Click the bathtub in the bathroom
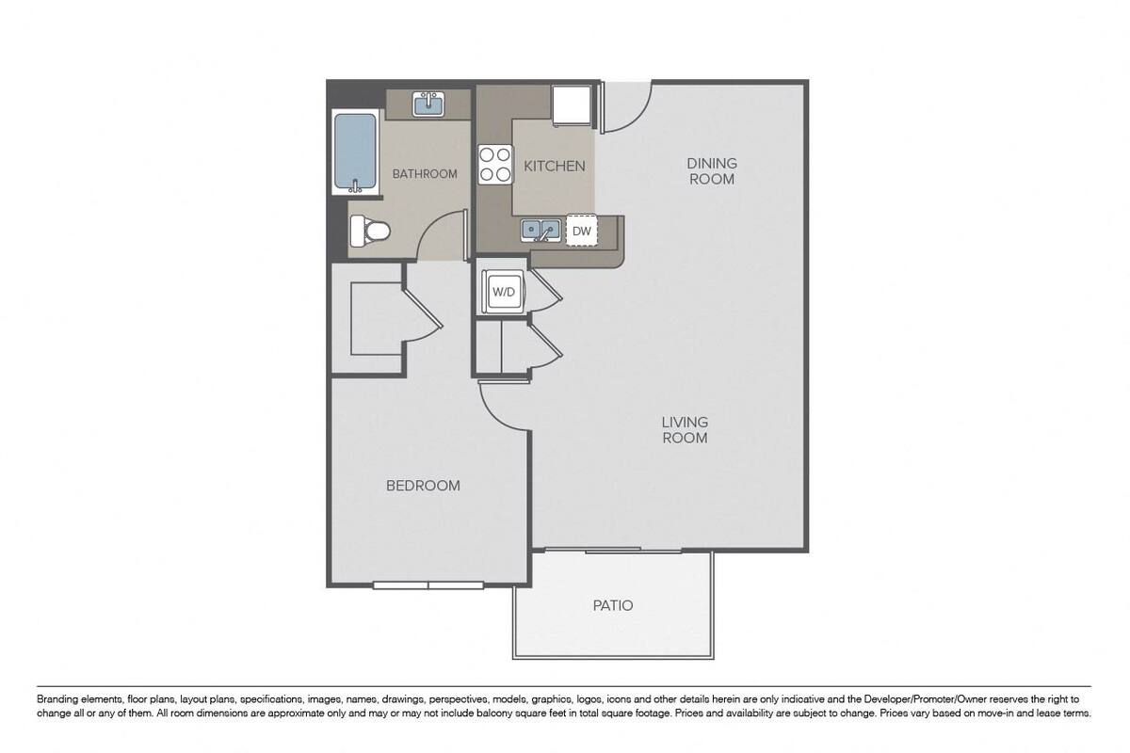[355, 152]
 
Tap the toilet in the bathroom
[370, 232]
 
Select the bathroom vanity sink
[428, 104]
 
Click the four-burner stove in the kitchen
[495, 165]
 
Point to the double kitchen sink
[541, 231]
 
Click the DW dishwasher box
[582, 231]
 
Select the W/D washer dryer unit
[503, 292]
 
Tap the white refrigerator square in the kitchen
[572, 104]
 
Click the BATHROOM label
[425, 174]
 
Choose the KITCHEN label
[555, 166]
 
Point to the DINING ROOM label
[712, 171]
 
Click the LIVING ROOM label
[685, 430]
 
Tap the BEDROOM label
[423, 486]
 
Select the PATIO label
[613, 605]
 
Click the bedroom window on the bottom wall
[428, 585]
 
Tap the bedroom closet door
[422, 313]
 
